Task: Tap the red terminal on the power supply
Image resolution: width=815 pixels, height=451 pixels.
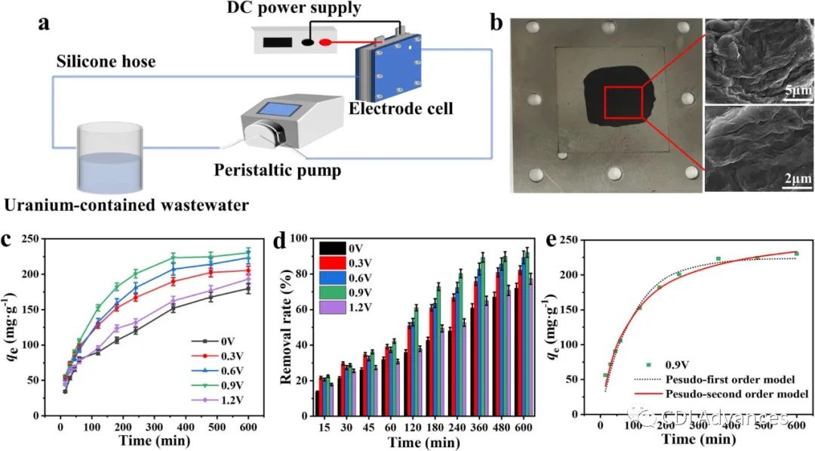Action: [x=324, y=42]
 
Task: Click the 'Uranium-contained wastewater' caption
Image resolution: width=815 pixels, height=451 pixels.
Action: [x=125, y=204]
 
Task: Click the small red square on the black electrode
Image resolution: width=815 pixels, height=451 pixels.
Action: [x=623, y=103]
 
